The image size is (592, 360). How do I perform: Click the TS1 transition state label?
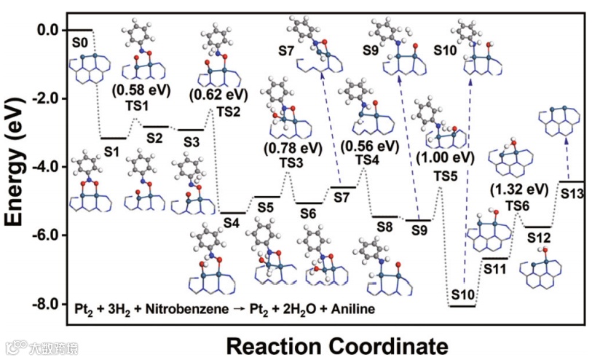(136, 106)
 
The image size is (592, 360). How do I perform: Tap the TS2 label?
(227, 111)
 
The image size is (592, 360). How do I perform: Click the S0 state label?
(80, 44)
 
